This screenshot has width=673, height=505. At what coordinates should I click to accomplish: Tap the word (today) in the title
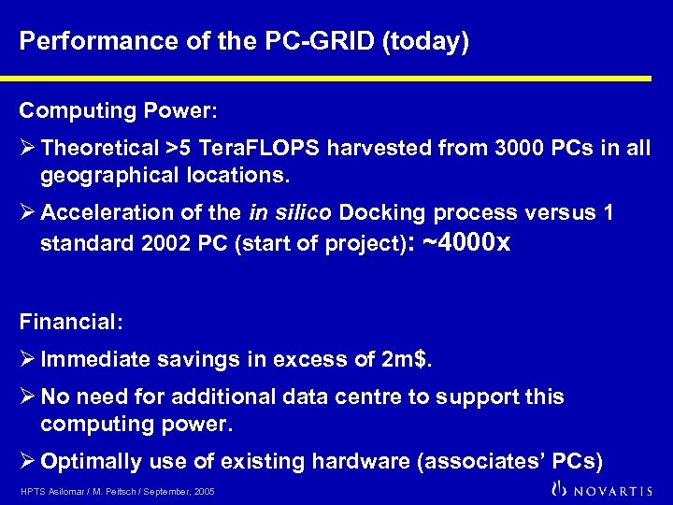pyautogui.click(x=424, y=42)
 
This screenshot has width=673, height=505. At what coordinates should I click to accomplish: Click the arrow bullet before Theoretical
pyautogui.click(x=28, y=148)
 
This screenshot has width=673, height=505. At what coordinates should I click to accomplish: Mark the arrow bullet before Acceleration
pyautogui.click(x=28, y=212)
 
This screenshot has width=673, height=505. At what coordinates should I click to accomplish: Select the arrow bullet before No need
pyautogui.click(x=28, y=397)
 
